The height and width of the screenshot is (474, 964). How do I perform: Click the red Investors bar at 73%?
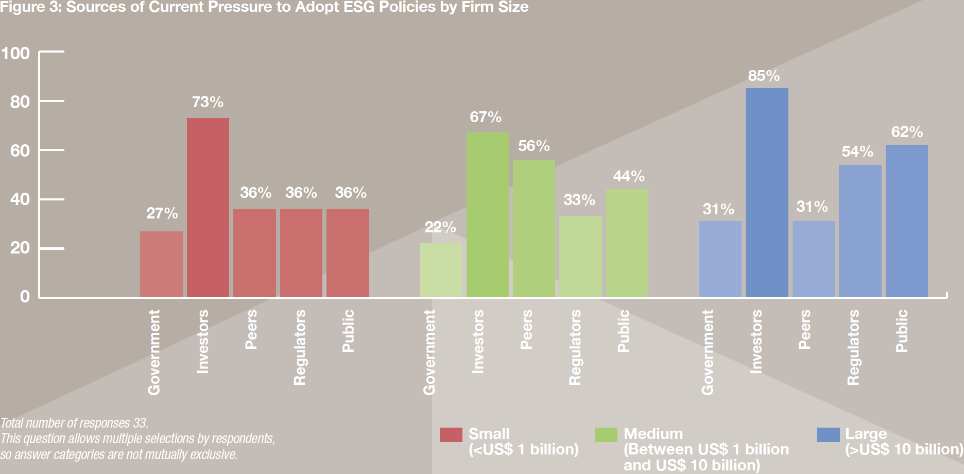[x=208, y=207]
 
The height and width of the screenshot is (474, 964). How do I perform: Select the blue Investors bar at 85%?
[x=767, y=192]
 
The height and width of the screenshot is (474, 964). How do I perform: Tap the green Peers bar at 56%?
[x=534, y=228]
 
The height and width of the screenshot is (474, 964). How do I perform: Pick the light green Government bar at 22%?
[x=441, y=270]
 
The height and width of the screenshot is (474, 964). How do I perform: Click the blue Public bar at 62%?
[x=907, y=221]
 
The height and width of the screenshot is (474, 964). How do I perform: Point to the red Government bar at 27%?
[x=161, y=264]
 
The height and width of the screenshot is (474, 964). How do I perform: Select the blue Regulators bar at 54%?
[x=860, y=231]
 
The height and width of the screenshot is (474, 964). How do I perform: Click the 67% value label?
[x=486, y=117]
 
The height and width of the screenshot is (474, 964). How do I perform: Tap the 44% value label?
[x=629, y=176]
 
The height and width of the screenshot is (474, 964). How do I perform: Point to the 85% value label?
[x=764, y=76]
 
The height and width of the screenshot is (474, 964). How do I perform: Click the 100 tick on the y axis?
[x=15, y=53]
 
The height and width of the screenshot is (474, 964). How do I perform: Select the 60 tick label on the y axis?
[x=20, y=150]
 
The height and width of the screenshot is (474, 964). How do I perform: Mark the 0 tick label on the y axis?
[x=25, y=296]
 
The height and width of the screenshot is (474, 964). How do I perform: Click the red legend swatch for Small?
[x=451, y=435]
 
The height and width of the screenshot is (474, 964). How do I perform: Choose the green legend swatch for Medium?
[x=606, y=435]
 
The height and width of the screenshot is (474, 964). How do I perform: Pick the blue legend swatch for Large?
[x=829, y=435]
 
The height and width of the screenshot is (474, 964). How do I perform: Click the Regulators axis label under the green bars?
[x=575, y=347]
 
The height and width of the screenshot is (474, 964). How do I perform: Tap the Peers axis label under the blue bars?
[x=804, y=329]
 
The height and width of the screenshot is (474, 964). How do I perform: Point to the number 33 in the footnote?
[x=140, y=423]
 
